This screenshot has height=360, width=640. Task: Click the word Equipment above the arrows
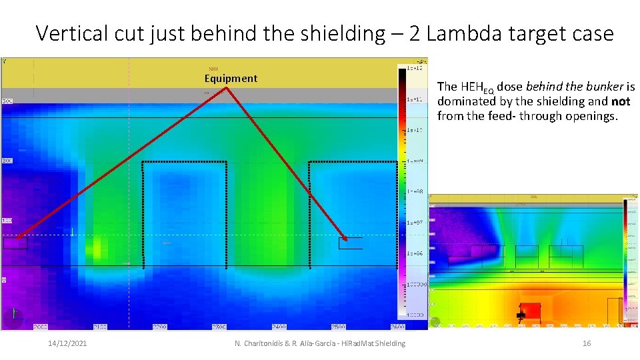(231, 79)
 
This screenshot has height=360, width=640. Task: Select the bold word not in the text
(621, 101)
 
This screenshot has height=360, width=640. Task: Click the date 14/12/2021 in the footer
(67, 343)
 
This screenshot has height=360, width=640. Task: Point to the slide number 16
(587, 343)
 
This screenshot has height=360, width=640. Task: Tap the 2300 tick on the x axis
(219, 327)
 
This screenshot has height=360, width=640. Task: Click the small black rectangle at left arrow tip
(15, 243)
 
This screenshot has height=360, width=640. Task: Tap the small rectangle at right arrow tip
(350, 243)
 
